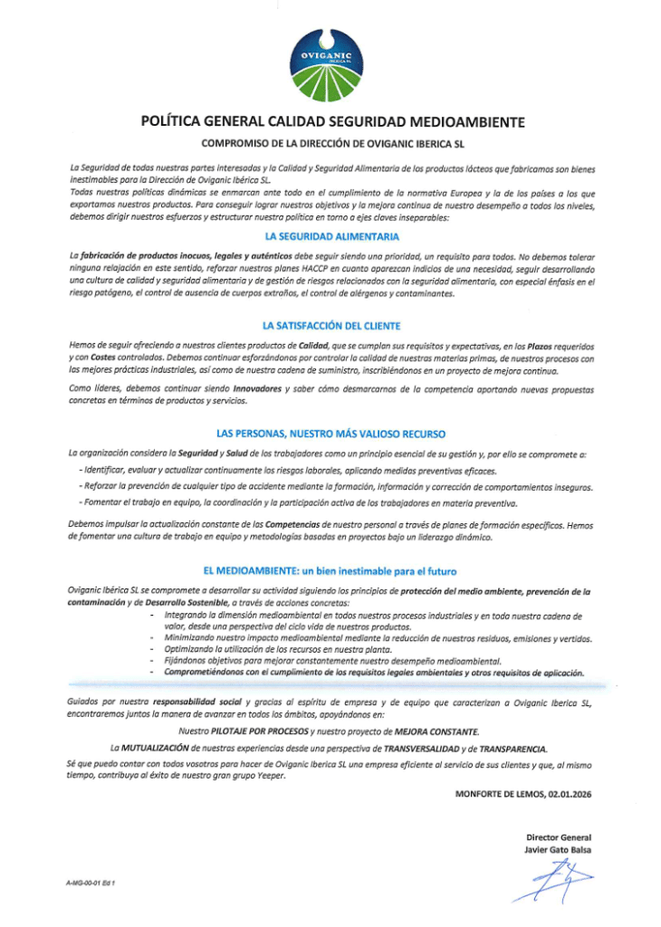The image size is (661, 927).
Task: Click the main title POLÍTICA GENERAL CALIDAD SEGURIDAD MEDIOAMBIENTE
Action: click(331, 121)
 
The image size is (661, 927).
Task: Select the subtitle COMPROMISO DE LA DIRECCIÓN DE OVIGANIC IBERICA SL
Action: click(332, 143)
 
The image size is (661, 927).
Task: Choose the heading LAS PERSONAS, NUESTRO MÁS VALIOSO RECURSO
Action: click(330, 434)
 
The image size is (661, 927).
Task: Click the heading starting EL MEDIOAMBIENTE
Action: click(330, 571)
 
